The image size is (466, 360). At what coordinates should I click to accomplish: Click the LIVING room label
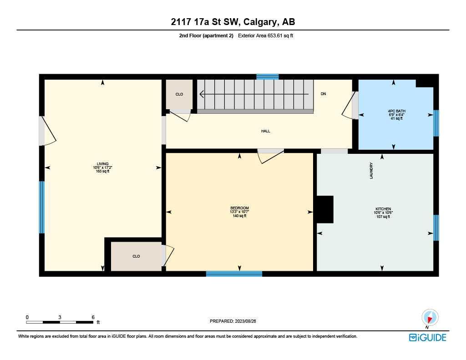102,164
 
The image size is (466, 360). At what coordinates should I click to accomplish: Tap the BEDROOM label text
239,208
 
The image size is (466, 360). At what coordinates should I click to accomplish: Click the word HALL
266,131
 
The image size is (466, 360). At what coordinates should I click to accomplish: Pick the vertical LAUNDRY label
371,171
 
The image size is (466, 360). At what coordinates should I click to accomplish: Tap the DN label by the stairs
323,94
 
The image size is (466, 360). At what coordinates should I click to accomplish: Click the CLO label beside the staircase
179,94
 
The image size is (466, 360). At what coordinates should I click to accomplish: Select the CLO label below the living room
136,256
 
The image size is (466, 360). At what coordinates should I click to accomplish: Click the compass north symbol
430,318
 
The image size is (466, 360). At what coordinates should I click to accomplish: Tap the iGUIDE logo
427,337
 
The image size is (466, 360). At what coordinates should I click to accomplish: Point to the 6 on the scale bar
93,317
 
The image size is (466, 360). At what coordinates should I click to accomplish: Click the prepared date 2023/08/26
249,321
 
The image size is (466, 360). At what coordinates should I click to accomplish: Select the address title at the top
233,22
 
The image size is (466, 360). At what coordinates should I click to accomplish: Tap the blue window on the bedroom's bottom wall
234,274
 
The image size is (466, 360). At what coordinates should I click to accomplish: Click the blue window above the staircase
267,76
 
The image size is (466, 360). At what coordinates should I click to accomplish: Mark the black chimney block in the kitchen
325,209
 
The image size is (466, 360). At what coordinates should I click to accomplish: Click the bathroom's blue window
436,123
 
